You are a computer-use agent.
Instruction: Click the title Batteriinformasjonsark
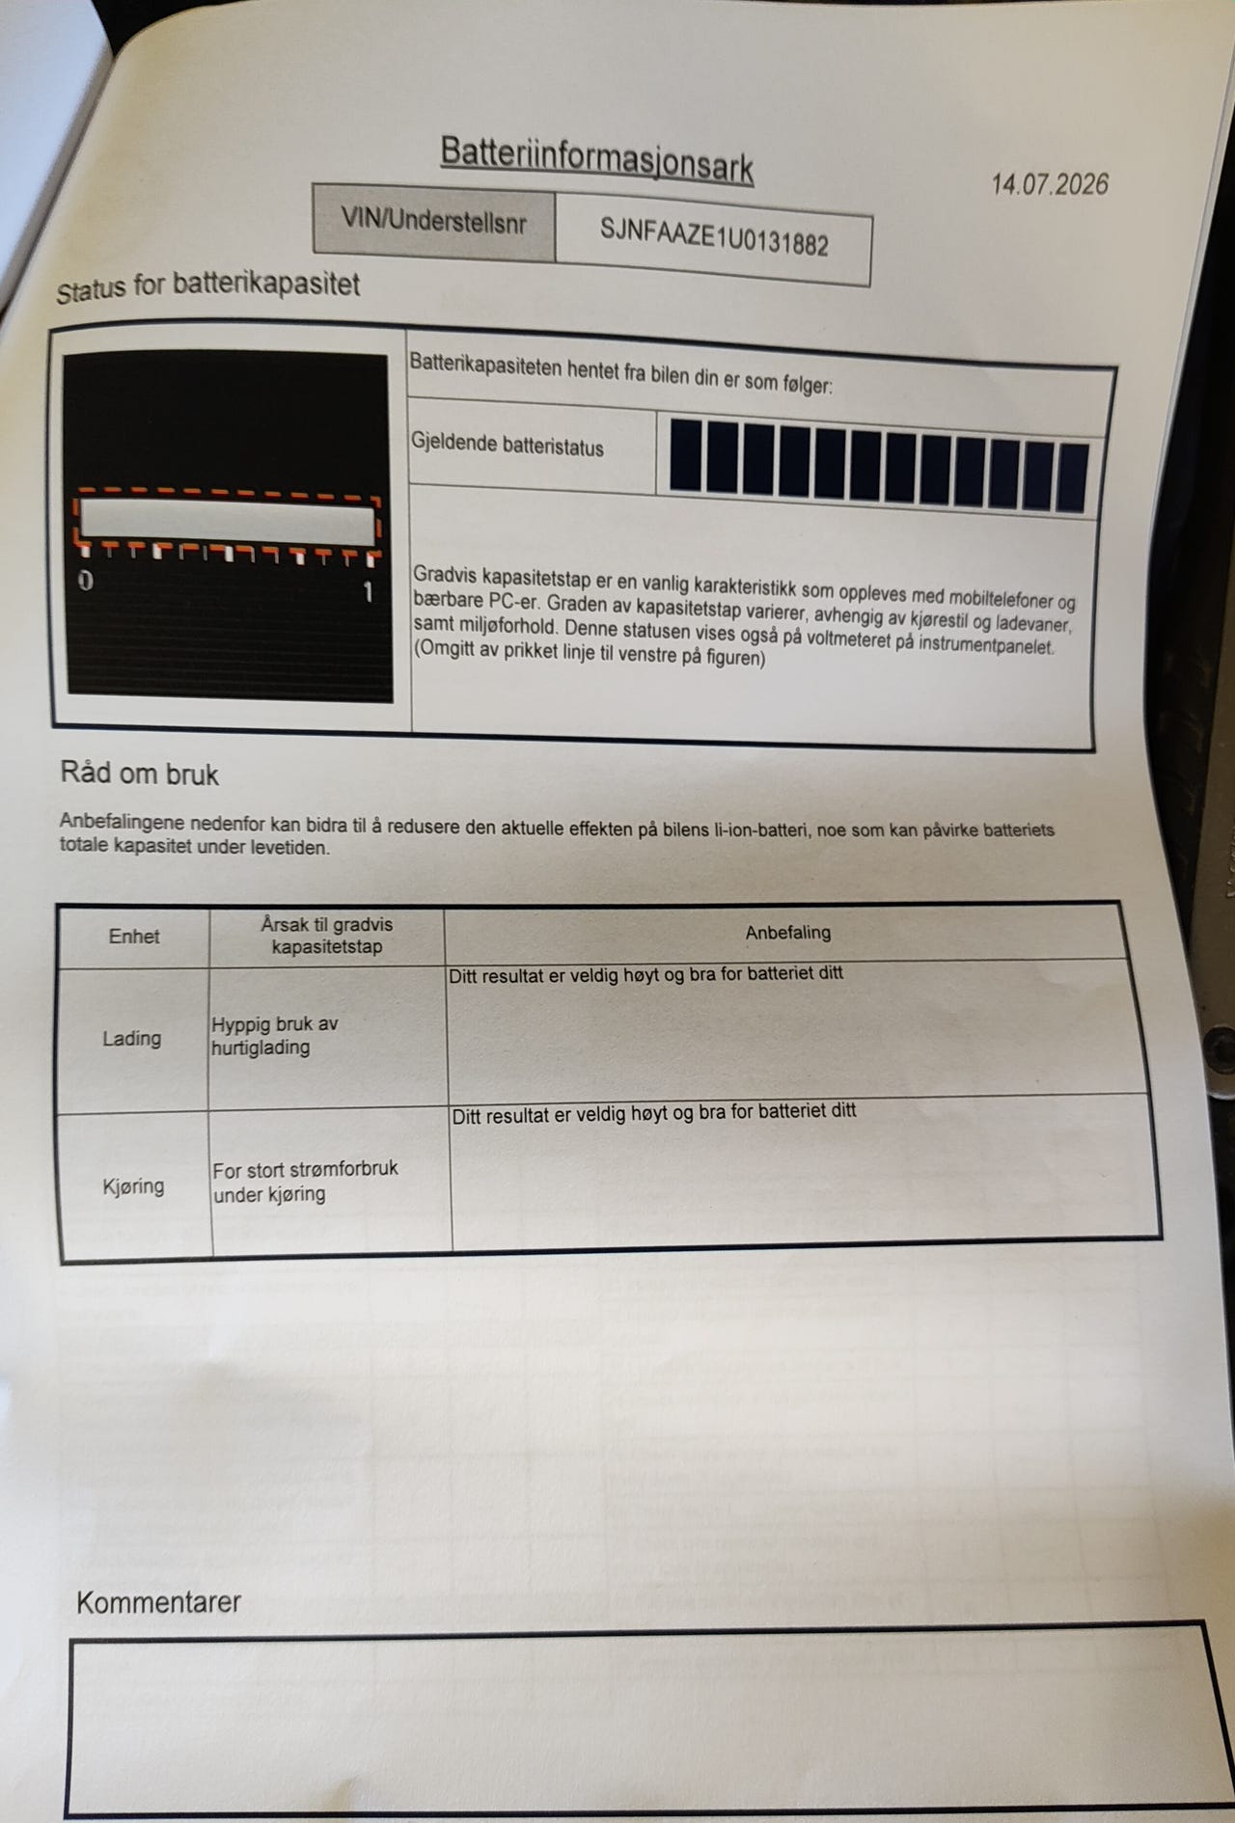pyautogui.click(x=596, y=160)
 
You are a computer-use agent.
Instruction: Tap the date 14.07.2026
pyautogui.click(x=1050, y=184)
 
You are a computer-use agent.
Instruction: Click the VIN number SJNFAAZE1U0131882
pyautogui.click(x=714, y=236)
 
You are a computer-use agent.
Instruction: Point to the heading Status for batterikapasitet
pyautogui.click(x=207, y=286)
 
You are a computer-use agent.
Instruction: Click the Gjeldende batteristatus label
pyautogui.click(x=508, y=445)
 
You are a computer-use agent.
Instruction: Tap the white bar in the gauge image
pyautogui.click(x=227, y=521)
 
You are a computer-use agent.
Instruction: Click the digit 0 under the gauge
pyautogui.click(x=86, y=581)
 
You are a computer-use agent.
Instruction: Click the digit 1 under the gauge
pyautogui.click(x=368, y=591)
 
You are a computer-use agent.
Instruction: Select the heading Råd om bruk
pyautogui.click(x=140, y=774)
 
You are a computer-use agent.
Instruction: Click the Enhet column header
pyautogui.click(x=134, y=937)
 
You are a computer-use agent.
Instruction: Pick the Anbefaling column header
pyautogui.click(x=787, y=933)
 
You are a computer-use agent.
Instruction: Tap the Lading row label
pyautogui.click(x=132, y=1039)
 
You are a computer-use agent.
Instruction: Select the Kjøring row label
pyautogui.click(x=133, y=1186)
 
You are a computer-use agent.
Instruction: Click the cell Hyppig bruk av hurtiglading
pyautogui.click(x=274, y=1036)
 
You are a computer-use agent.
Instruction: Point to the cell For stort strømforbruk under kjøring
pyautogui.click(x=305, y=1182)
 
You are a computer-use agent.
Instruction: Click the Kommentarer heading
pyautogui.click(x=158, y=1602)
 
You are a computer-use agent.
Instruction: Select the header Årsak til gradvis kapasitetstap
pyautogui.click(x=327, y=936)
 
